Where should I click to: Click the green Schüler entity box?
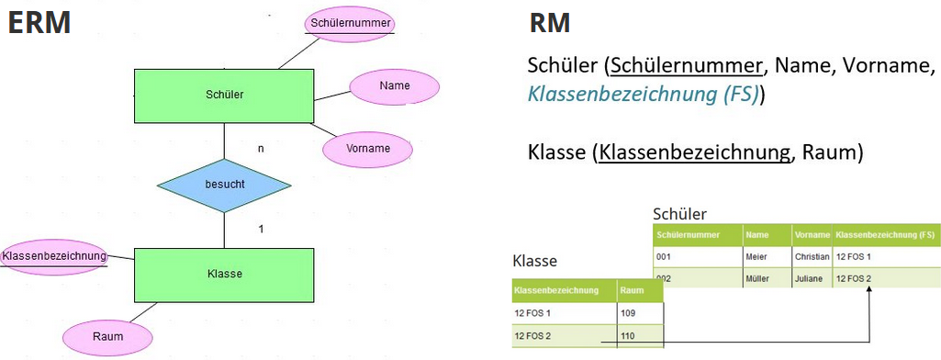(x=224, y=95)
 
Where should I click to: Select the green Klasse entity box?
(x=224, y=274)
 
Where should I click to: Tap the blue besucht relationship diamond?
(x=224, y=185)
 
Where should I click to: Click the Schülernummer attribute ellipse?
(x=350, y=22)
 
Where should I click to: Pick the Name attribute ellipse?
(x=394, y=86)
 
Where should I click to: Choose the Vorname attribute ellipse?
(x=368, y=148)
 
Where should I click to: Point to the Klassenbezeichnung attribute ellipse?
(x=53, y=255)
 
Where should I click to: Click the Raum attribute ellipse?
(x=107, y=337)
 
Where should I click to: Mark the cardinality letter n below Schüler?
(x=261, y=147)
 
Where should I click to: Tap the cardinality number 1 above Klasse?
(x=261, y=228)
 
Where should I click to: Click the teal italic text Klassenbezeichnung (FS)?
(x=644, y=95)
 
